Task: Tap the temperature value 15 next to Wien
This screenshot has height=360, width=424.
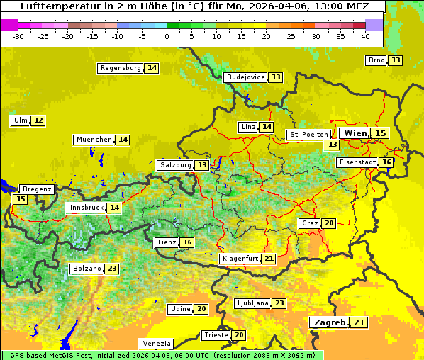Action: coord(381,133)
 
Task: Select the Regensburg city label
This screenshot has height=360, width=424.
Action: coord(121,68)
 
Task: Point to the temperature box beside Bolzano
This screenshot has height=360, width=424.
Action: coord(112,269)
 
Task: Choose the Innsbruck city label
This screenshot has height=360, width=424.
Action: coord(86,208)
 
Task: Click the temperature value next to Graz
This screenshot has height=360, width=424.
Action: coord(328,223)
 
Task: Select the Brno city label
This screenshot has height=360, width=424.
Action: coord(376,60)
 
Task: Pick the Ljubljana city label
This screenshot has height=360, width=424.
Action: coord(252,303)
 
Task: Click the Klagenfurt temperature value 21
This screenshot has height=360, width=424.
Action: coord(269,259)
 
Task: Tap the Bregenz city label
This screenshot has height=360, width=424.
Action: coord(37,189)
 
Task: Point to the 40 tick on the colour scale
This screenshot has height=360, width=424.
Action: coord(365,36)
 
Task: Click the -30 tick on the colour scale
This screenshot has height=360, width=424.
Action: coord(18,36)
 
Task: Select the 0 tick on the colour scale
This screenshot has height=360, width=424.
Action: coord(167,36)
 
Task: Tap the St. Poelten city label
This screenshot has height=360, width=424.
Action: coord(308,134)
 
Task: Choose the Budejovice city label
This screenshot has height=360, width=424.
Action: coord(245,77)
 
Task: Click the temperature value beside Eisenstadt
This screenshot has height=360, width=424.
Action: coord(386,162)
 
